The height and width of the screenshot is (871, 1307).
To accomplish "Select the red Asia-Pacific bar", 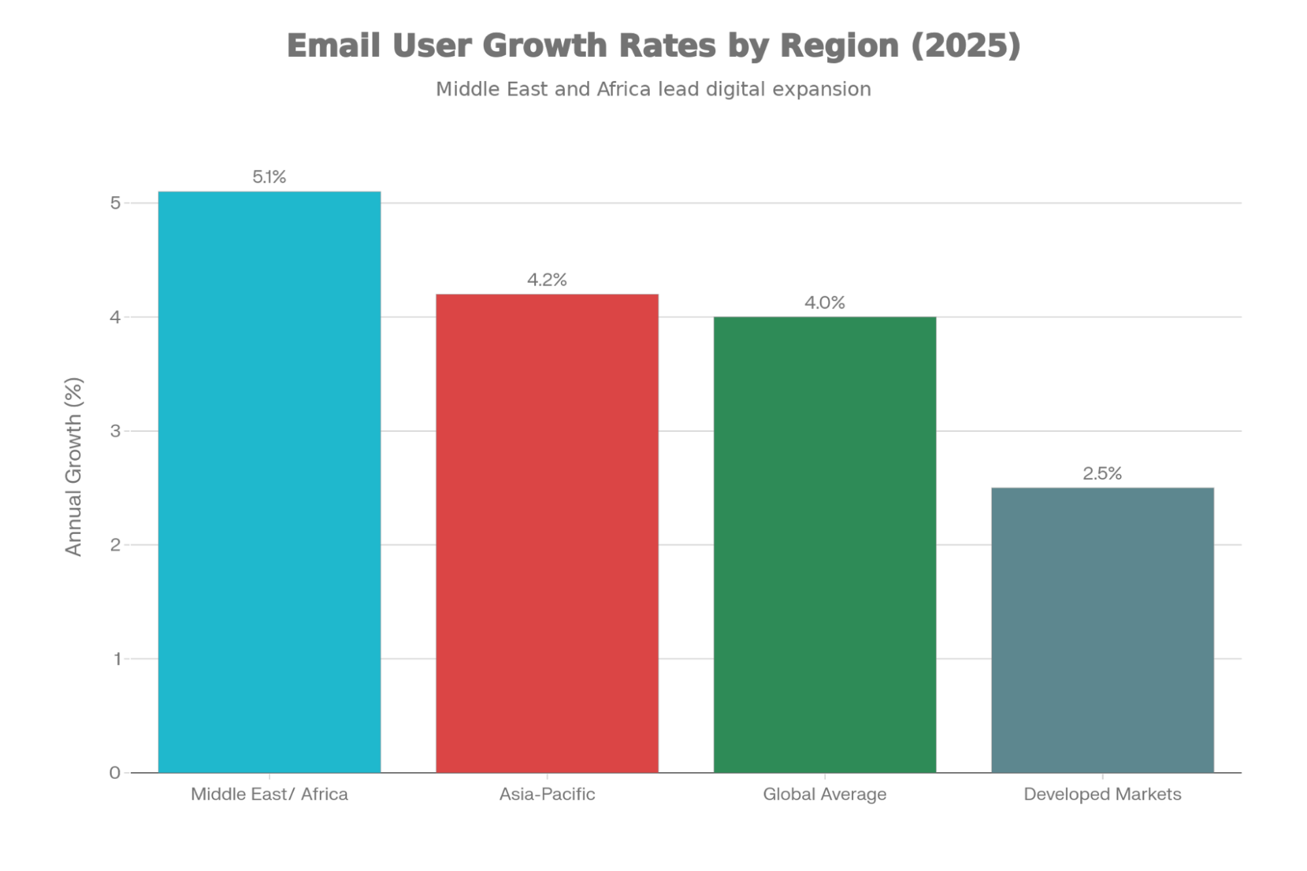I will pyautogui.click(x=547, y=533).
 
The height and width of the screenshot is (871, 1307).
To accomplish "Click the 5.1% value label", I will pyautogui.click(x=269, y=177).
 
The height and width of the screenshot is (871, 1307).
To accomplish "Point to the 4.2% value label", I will pyautogui.click(x=547, y=280).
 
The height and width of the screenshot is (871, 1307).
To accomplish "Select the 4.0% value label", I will pyautogui.click(x=824, y=303).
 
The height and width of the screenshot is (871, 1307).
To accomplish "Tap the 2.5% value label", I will pyautogui.click(x=1102, y=473).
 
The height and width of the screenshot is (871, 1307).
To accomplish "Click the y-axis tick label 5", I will pyautogui.click(x=116, y=203).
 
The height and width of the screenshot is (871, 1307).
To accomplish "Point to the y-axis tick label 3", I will pyautogui.click(x=116, y=431).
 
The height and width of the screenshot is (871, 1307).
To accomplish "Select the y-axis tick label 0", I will pyautogui.click(x=115, y=773).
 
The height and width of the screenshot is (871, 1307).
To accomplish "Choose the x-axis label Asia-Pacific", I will pyautogui.click(x=547, y=794).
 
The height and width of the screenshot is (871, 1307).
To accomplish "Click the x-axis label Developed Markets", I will pyautogui.click(x=1102, y=794).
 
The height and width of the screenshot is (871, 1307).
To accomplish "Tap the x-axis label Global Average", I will pyautogui.click(x=824, y=794).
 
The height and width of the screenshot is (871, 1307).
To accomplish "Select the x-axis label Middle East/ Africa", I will pyautogui.click(x=269, y=794).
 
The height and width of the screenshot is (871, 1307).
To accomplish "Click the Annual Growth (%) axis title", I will pyautogui.click(x=74, y=467).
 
